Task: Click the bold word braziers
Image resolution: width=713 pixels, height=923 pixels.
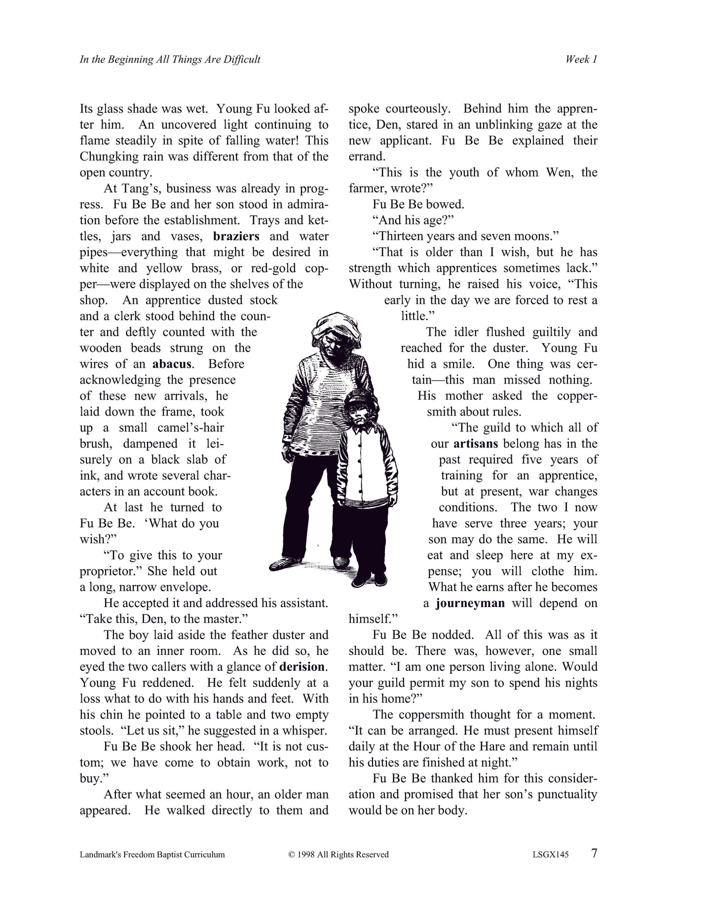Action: [236, 236]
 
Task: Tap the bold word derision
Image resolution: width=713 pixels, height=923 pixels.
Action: [302, 667]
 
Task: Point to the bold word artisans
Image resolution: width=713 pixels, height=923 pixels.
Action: [475, 444]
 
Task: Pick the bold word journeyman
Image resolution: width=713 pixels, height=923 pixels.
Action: [470, 603]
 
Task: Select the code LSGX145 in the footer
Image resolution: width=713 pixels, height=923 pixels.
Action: [547, 854]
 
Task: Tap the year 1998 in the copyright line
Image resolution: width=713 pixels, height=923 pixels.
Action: [308, 854]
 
